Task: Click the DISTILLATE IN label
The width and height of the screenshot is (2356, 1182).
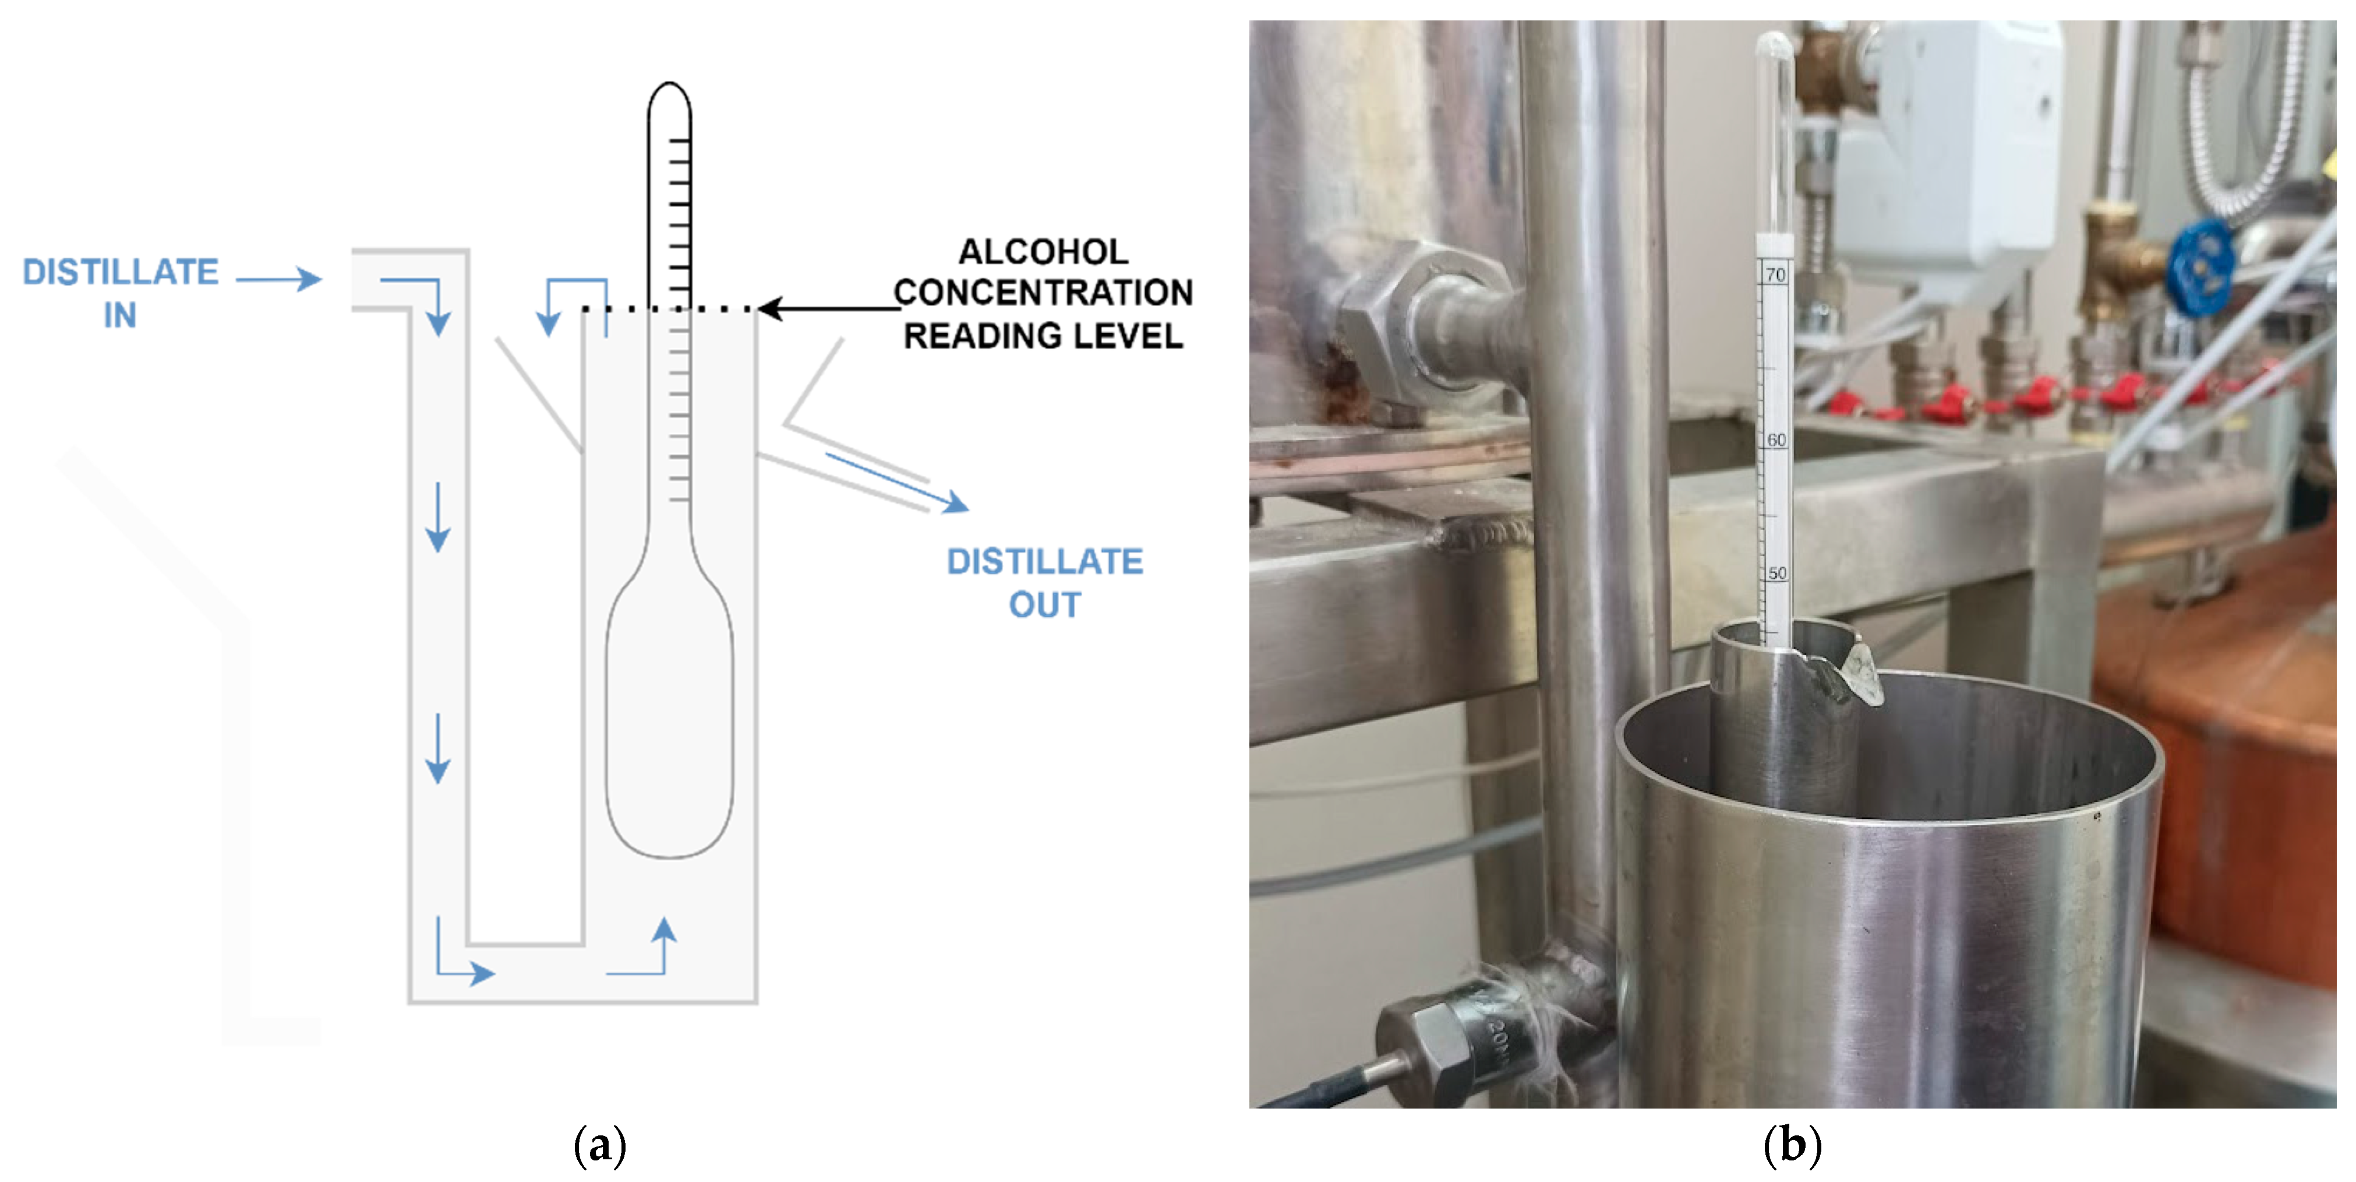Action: pyautogui.click(x=120, y=293)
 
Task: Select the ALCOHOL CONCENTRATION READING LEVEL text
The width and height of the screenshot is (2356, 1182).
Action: pyautogui.click(x=1043, y=293)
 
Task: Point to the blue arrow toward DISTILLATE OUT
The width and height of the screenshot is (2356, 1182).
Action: pyautogui.click(x=896, y=481)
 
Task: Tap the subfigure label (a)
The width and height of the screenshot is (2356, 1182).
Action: pyautogui.click(x=599, y=1145)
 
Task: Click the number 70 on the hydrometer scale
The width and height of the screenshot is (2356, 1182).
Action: pyautogui.click(x=1775, y=275)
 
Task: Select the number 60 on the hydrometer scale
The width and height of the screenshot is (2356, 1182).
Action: pyautogui.click(x=1776, y=440)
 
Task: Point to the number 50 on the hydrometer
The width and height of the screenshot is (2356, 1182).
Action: pyautogui.click(x=1777, y=574)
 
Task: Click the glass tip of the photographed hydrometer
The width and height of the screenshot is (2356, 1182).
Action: pyautogui.click(x=1774, y=50)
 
